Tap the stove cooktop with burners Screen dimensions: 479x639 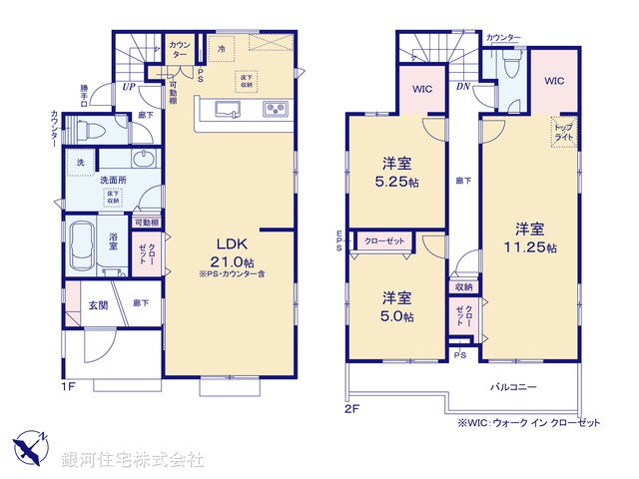click(x=276, y=109)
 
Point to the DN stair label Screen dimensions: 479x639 click(x=462, y=86)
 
